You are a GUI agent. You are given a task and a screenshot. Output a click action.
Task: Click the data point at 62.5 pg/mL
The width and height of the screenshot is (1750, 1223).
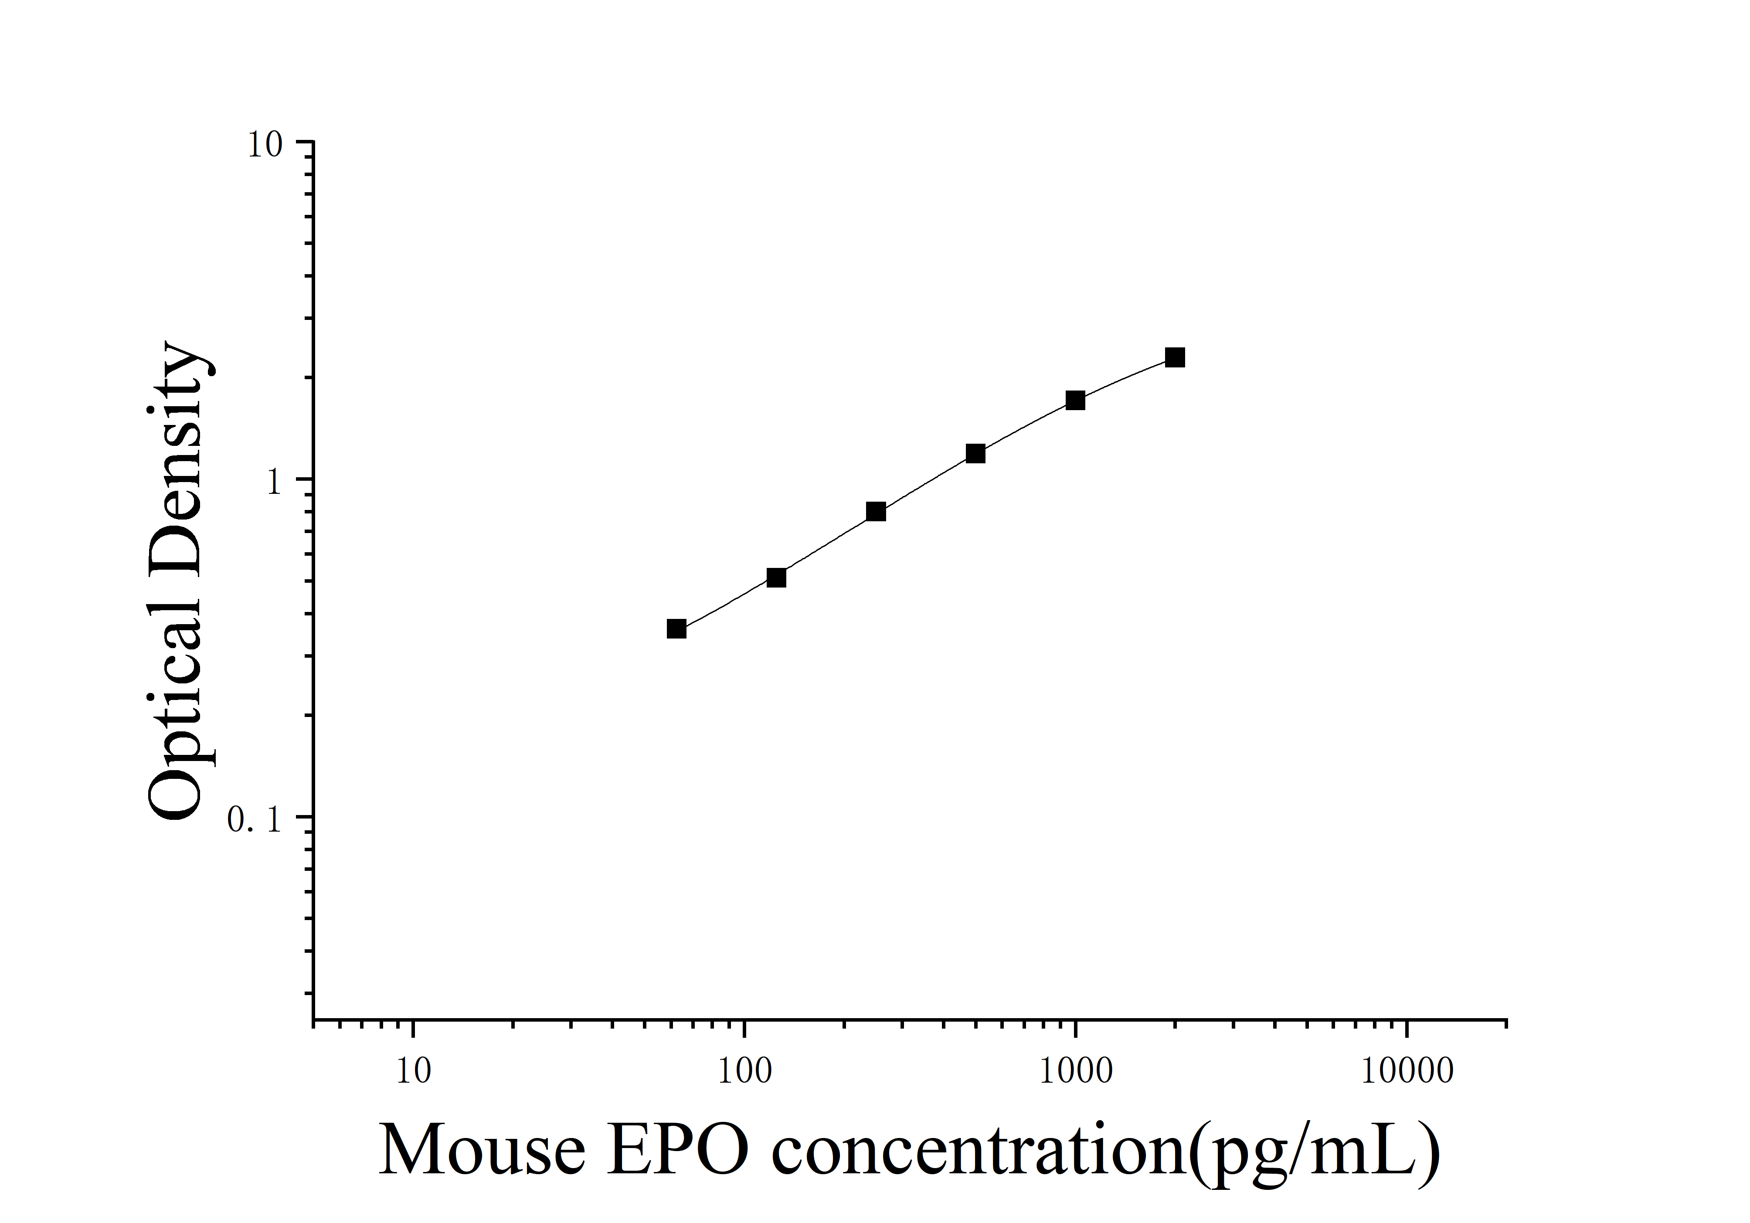coord(676,628)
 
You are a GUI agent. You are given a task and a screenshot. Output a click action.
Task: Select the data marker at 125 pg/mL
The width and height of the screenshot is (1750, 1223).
coord(776,578)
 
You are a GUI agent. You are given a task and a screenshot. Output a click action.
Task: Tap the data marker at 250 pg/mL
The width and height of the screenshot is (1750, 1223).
coord(876,511)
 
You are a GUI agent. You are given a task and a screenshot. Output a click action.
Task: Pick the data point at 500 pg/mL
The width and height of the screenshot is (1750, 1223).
coord(975,453)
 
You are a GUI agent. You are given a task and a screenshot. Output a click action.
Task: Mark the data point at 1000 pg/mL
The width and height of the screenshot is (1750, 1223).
coord(1075,400)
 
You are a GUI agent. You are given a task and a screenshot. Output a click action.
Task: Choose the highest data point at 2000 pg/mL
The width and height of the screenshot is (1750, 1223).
coord(1175,357)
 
